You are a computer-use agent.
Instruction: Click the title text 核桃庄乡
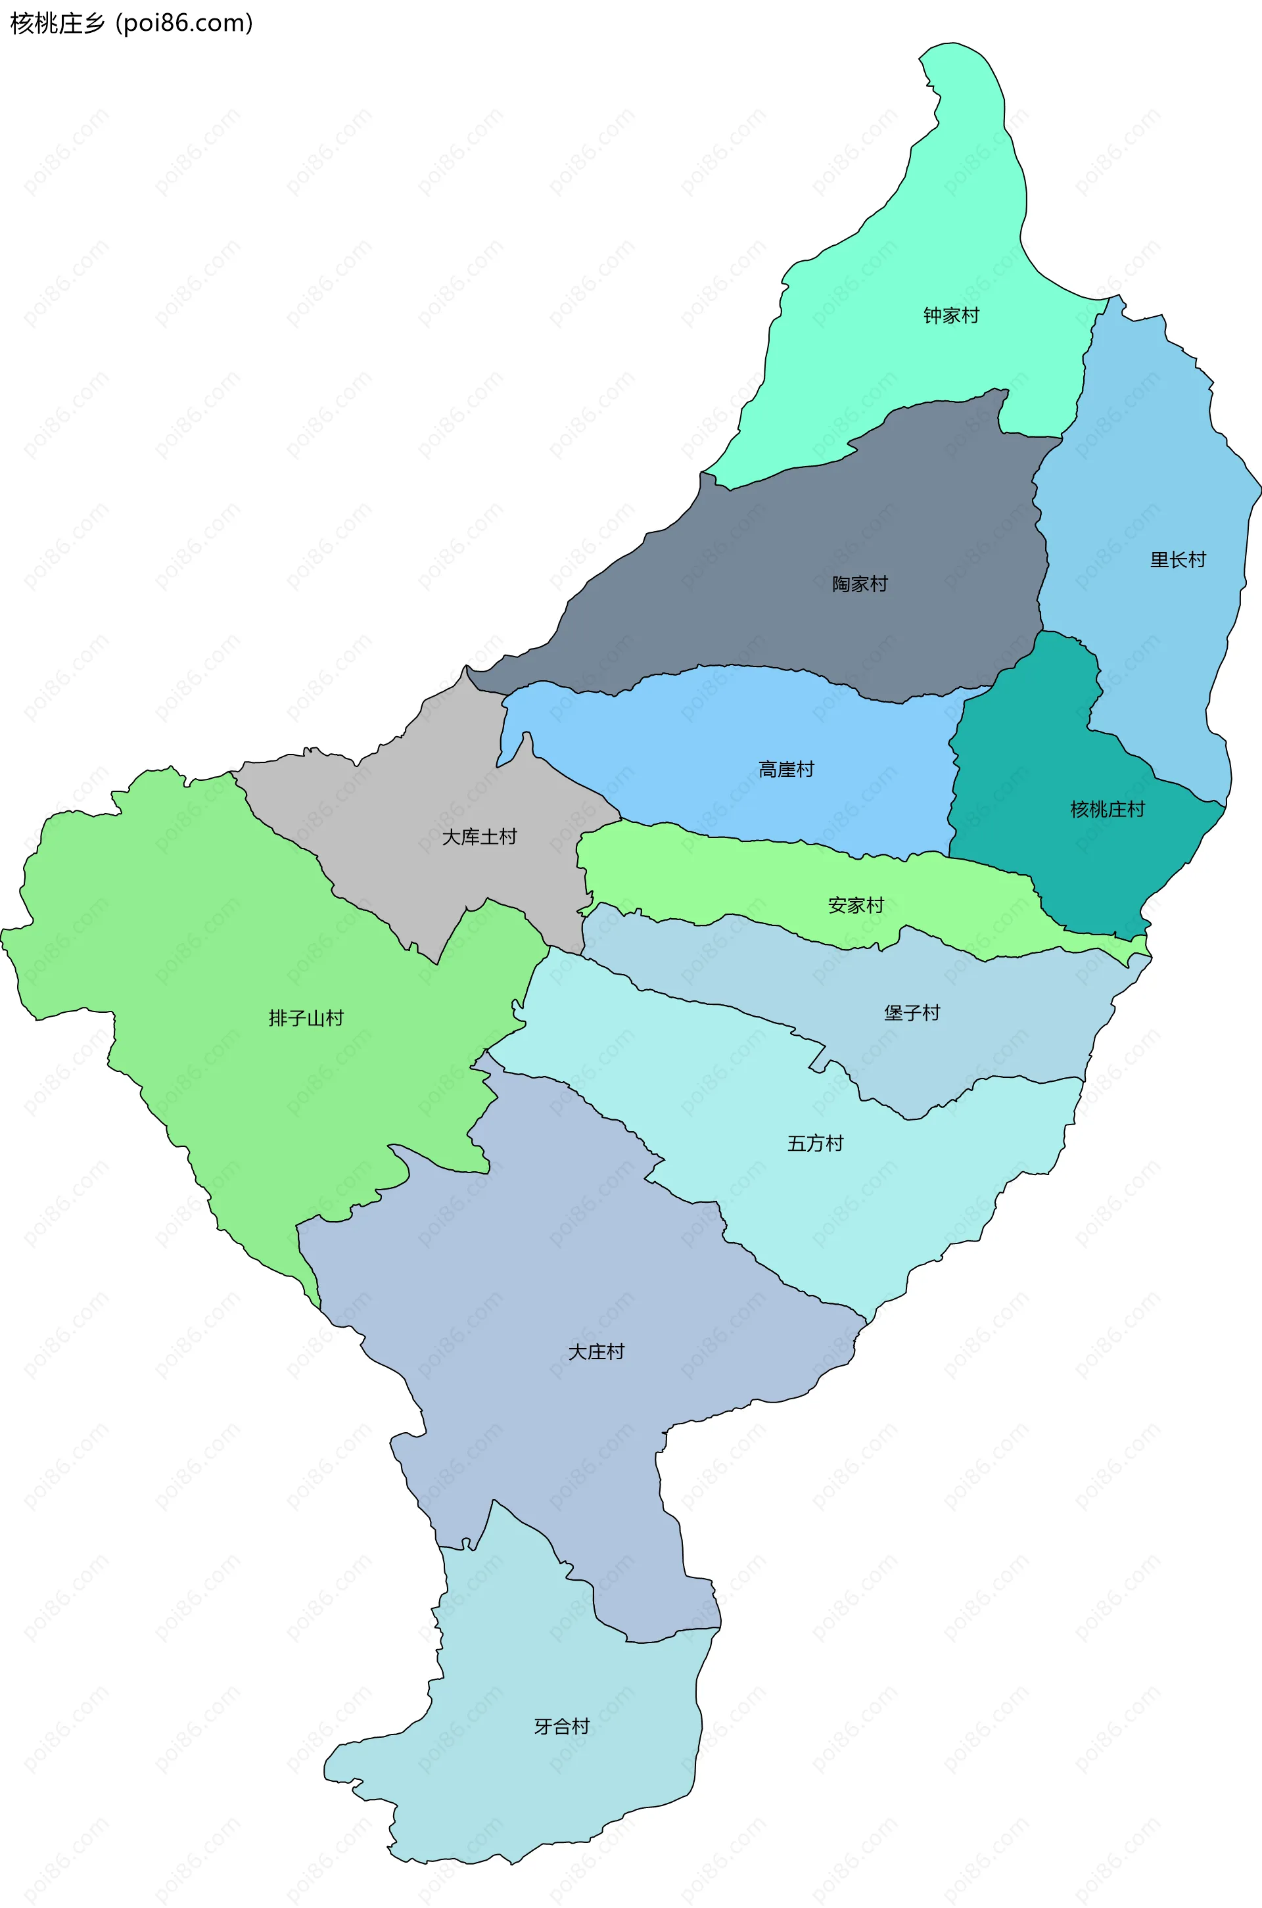click(57, 24)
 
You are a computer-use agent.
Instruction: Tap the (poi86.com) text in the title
click(184, 24)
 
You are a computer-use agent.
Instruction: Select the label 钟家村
click(950, 315)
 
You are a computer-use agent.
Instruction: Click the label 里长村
click(1177, 559)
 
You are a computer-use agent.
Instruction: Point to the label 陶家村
click(860, 584)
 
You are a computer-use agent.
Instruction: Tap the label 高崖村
click(785, 770)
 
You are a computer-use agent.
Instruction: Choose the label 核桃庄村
click(1107, 810)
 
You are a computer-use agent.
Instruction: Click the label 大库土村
click(479, 837)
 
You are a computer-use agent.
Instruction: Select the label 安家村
click(856, 905)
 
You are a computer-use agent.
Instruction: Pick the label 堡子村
click(912, 1012)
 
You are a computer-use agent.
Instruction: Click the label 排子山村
click(306, 1018)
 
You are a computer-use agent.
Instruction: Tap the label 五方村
click(814, 1144)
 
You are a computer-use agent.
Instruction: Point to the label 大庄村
click(596, 1352)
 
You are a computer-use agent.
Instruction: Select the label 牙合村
click(562, 1726)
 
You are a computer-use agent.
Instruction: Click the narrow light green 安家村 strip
click(724, 877)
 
